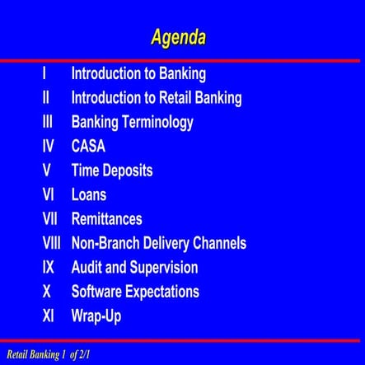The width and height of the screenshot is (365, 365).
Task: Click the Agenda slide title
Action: click(x=178, y=37)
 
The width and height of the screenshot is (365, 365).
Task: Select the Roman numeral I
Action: click(x=44, y=73)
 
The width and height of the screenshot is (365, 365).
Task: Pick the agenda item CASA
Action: click(x=88, y=147)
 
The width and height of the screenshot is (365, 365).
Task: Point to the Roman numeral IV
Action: click(x=49, y=147)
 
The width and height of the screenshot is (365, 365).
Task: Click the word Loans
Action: click(x=89, y=195)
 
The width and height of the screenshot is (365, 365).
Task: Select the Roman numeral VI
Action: click(x=49, y=195)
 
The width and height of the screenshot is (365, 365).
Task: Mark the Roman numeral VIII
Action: click(x=53, y=244)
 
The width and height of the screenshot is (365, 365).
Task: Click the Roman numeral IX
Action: click(x=49, y=268)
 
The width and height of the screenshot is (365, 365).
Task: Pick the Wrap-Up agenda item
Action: click(x=96, y=316)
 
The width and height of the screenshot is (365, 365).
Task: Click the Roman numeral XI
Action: click(x=49, y=316)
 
